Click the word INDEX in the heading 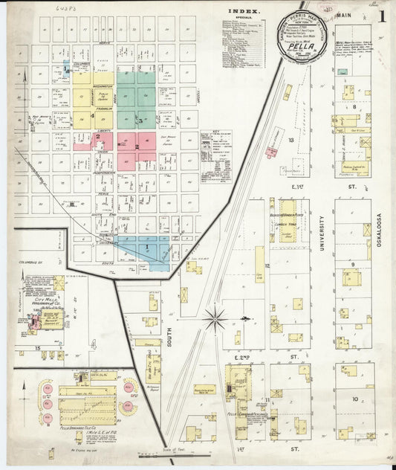pyautogui.click(x=244, y=12)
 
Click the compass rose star pyautogui.click(x=215, y=318)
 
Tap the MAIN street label pyautogui.click(x=343, y=10)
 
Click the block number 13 pyautogui.click(x=291, y=140)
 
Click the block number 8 pyautogui.click(x=355, y=107)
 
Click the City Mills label pyautogui.click(x=38, y=299)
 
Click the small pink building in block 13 pyautogui.click(x=272, y=151)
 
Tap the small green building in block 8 pyautogui.click(x=343, y=72)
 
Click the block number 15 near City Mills pyautogui.click(x=36, y=347)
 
